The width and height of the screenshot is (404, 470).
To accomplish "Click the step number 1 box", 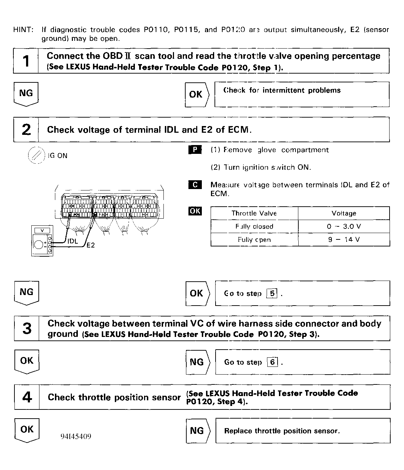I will (26, 61).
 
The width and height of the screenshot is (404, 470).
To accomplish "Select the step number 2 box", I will (26, 130).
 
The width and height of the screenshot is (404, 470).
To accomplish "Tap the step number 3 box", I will (27, 328).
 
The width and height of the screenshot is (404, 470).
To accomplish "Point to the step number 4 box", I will (27, 397).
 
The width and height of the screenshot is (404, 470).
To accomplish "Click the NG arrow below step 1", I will (26, 94).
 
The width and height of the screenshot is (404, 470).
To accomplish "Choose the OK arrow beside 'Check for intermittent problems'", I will (197, 94).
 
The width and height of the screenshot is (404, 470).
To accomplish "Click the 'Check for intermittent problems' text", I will (282, 90).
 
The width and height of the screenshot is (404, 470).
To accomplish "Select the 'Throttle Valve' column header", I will (254, 213).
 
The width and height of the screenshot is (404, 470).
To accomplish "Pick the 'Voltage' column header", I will (344, 213).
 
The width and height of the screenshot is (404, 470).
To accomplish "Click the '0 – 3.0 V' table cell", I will (344, 226).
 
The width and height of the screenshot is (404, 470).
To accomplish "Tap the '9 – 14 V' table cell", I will (344, 240).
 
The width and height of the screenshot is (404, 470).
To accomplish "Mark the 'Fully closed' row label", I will (254, 226).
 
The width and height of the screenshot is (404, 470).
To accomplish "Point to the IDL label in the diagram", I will (73, 242).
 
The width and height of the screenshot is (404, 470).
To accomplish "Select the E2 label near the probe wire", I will (91, 245).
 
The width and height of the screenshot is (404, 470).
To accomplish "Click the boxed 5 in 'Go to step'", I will (272, 293).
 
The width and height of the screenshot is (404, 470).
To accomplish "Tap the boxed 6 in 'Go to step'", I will (272, 362).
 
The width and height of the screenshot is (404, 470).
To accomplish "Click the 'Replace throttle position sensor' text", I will (282, 431).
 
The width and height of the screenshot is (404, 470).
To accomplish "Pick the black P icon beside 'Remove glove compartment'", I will (195, 150).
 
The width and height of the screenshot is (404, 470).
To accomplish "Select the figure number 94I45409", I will (76, 437).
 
